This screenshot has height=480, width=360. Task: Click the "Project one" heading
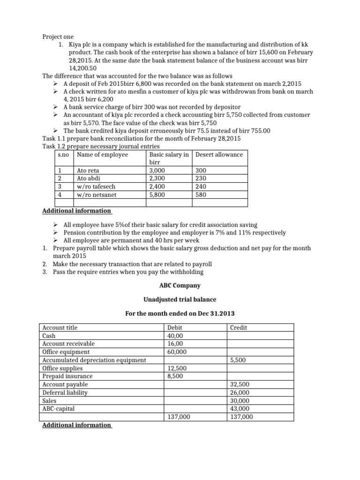tap(58, 37)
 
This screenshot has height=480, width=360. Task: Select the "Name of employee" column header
tap(102, 154)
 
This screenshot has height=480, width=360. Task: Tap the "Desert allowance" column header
tap(219, 154)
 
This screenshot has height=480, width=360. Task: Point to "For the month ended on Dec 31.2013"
tap(180, 314)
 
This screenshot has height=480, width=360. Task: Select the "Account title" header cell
tap(60, 328)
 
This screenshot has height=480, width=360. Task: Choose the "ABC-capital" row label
tap(58, 408)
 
